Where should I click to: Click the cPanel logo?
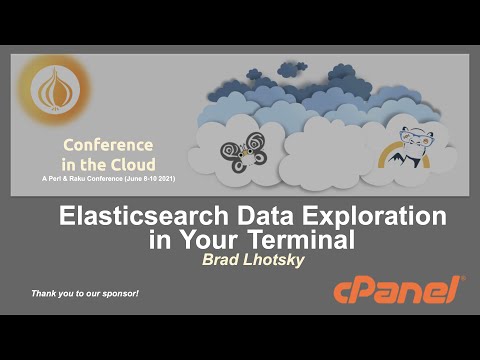tap(398, 291)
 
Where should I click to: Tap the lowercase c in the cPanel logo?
tap(344, 293)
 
